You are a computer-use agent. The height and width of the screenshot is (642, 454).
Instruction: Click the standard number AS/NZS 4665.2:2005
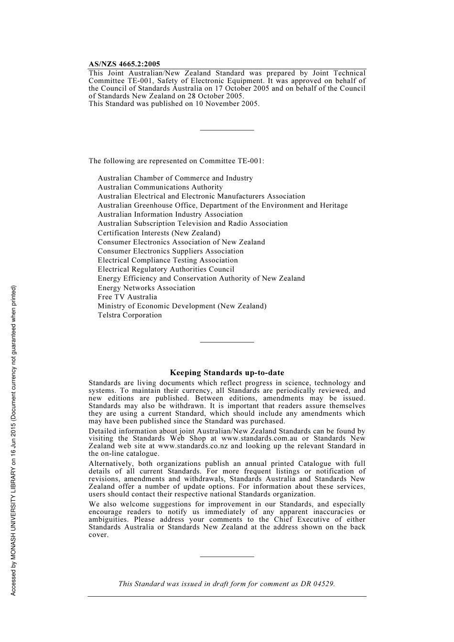pos(124,64)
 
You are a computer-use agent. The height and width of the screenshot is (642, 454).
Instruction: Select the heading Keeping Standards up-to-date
pos(227,373)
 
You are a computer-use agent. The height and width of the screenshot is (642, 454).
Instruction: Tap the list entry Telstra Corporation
pos(130,315)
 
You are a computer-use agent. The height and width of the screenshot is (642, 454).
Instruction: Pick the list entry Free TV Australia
pos(127,297)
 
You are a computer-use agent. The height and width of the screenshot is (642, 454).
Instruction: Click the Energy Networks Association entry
pos(146,288)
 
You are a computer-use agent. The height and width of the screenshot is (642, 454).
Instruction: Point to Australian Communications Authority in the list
pos(160,187)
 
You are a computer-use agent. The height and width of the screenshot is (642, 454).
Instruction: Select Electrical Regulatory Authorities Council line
pos(166,269)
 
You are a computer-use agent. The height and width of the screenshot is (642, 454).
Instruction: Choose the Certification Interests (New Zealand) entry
pos(159,233)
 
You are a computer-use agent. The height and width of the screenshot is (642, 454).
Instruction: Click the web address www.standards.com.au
pos(259,438)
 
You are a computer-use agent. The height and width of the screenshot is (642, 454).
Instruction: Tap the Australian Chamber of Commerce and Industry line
pos(175,178)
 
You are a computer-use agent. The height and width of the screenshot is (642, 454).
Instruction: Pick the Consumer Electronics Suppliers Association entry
pos(171,251)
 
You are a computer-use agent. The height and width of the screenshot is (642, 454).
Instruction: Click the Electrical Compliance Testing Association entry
pos(168,260)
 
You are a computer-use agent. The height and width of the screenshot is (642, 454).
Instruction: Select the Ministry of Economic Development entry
pos(182,306)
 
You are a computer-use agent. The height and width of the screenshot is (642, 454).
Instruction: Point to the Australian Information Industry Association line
pos(170,214)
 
